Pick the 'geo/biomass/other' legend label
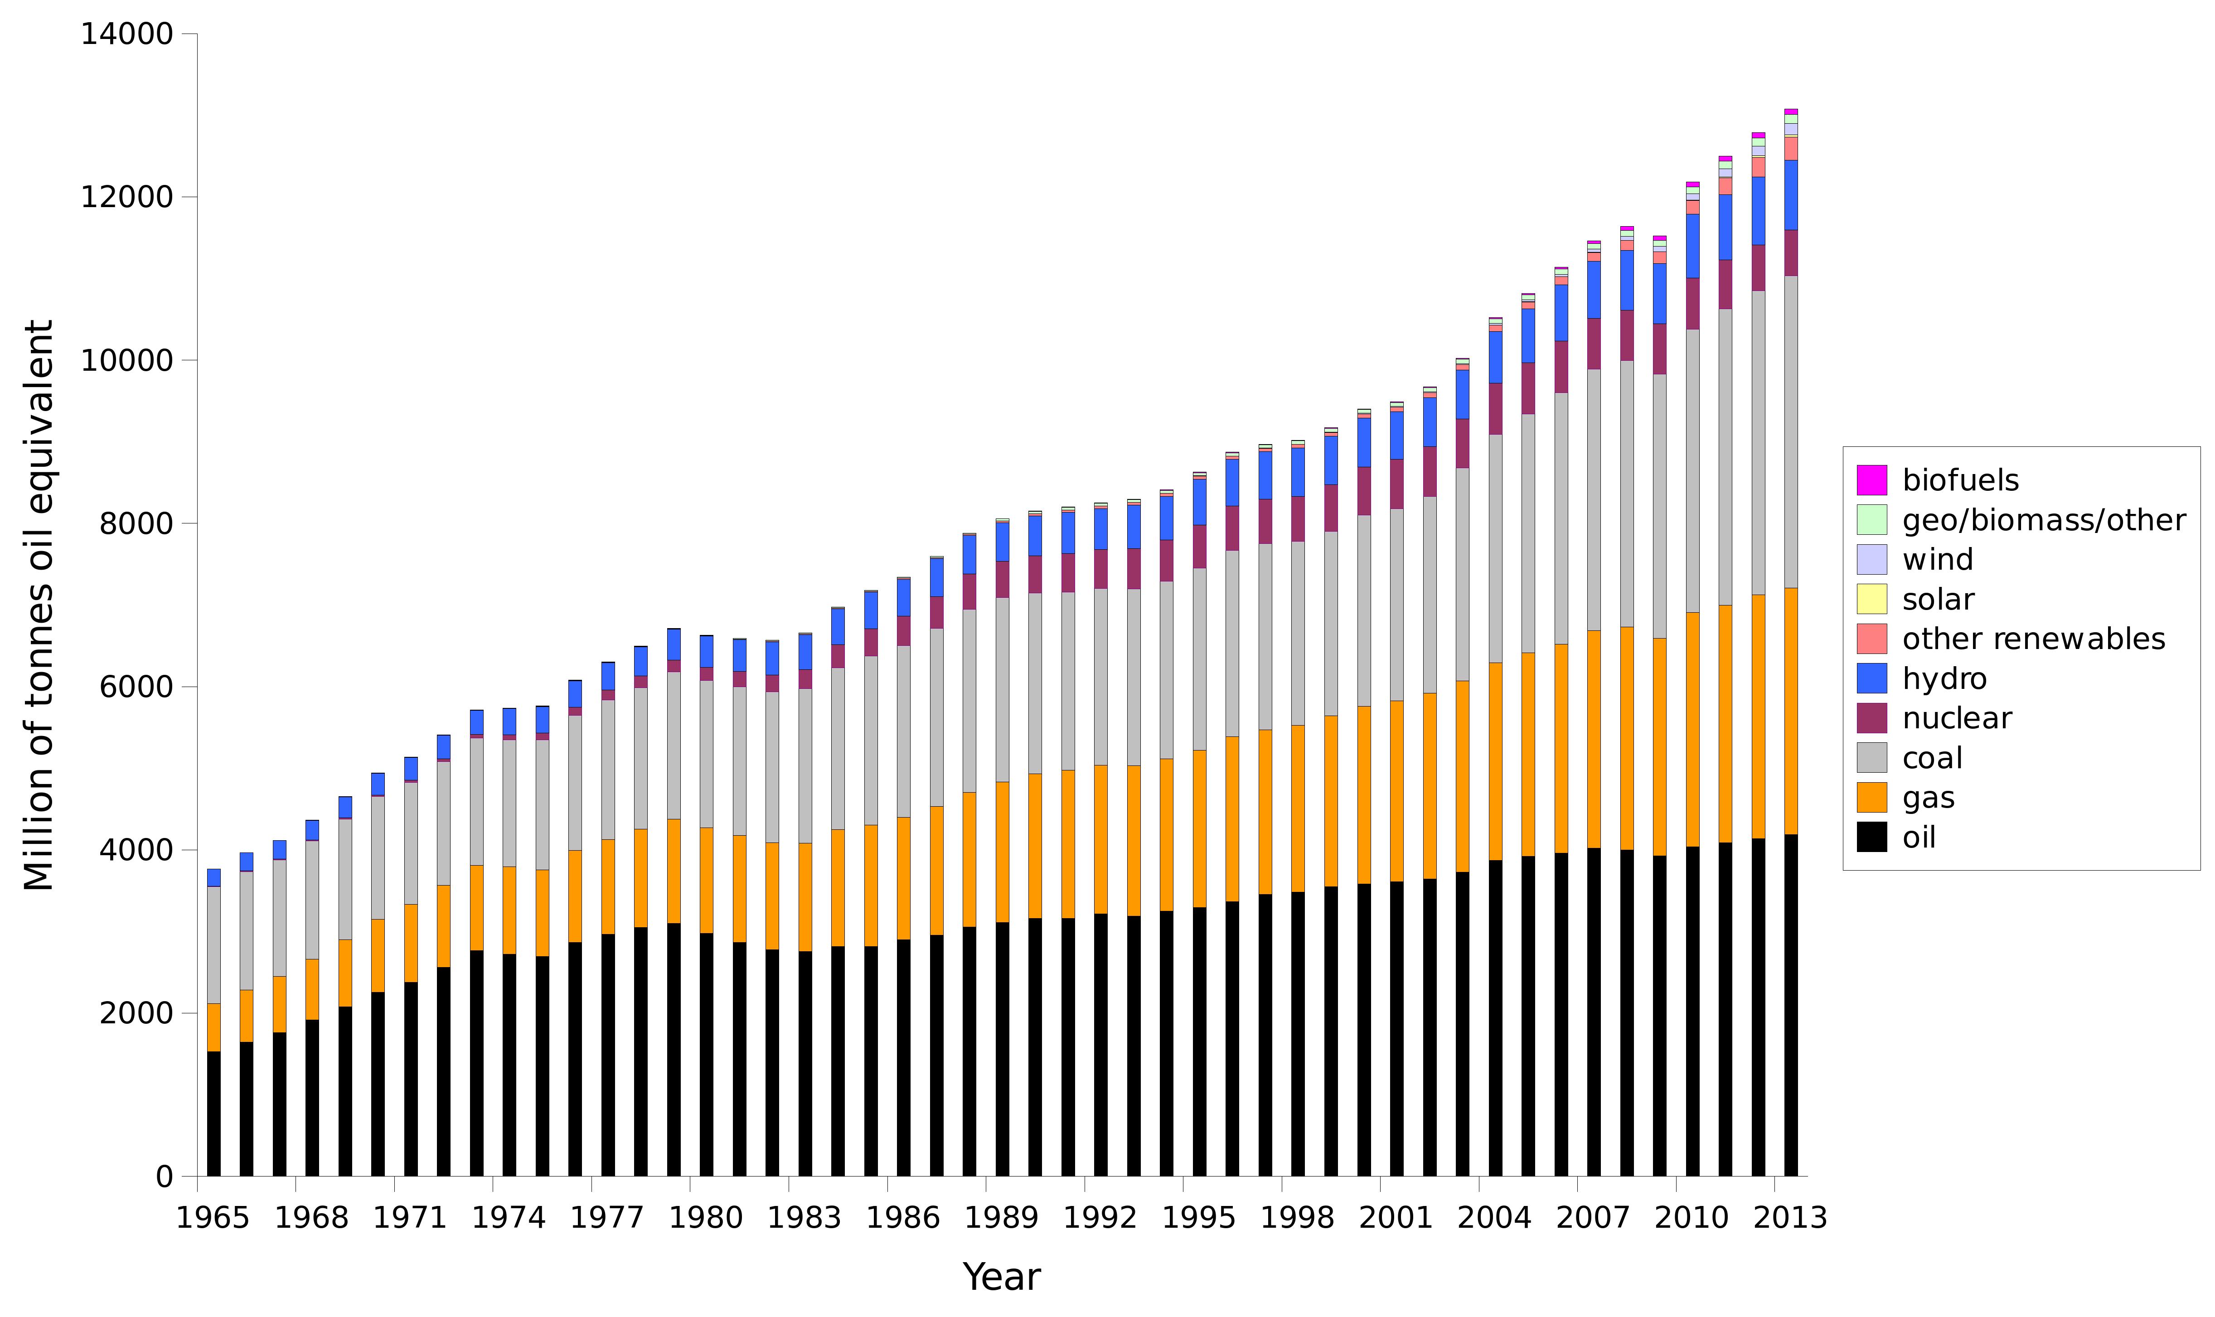(2043, 520)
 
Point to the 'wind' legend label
(1937, 560)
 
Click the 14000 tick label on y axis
(126, 34)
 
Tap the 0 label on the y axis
(164, 1177)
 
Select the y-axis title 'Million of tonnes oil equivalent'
(39, 605)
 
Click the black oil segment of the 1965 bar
(214, 1114)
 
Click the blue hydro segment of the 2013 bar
(1791, 195)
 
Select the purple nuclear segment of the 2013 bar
(1791, 253)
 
